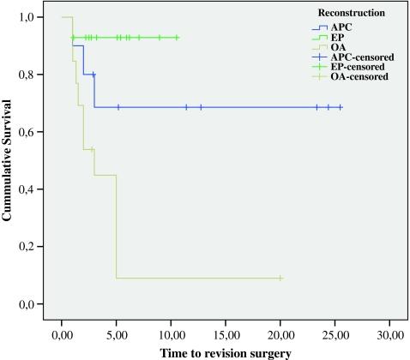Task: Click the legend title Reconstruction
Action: (x=349, y=14)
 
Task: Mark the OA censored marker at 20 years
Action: (x=280, y=278)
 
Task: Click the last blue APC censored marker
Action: (x=341, y=107)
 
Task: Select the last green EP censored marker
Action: (x=177, y=37)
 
